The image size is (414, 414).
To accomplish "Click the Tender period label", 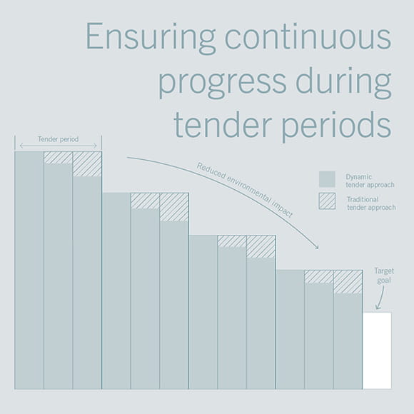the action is click(x=58, y=139).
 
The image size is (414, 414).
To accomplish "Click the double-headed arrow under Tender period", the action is click(x=59, y=146).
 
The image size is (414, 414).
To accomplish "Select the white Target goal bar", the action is click(x=377, y=350).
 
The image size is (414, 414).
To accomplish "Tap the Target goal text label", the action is click(x=384, y=276).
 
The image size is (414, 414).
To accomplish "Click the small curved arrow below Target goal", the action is click(x=380, y=298).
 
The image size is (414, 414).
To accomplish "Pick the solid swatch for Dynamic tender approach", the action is click(x=327, y=179).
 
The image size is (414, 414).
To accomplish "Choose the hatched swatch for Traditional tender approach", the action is click(x=327, y=201).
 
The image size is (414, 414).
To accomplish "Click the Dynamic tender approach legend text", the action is click(x=370, y=181).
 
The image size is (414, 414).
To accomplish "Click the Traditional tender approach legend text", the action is click(x=371, y=203).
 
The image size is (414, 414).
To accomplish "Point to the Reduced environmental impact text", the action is click(x=245, y=190).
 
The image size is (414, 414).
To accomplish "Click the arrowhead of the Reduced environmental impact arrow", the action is click(x=318, y=248).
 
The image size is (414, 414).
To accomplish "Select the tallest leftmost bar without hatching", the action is click(x=29, y=271).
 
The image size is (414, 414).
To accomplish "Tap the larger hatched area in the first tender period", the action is click(x=87, y=164).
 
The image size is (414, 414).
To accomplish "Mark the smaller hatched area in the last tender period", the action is click(x=319, y=277).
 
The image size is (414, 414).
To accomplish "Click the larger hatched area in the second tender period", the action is click(x=174, y=207).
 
